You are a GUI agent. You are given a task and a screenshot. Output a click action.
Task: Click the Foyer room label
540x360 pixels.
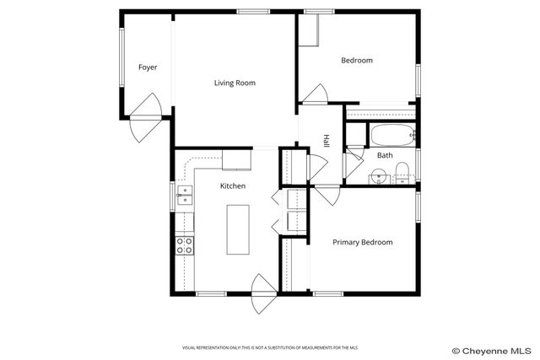pos(148,67)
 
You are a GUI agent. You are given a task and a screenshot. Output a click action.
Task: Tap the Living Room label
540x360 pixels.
pos(234,83)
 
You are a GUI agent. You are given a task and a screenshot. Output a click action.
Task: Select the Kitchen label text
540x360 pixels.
pos(233,185)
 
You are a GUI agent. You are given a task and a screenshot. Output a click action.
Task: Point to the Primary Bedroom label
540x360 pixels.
pos(362,242)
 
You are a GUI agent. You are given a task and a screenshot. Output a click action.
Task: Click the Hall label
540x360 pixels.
pos(325,140)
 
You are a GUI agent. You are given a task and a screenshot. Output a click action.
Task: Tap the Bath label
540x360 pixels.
pos(384,155)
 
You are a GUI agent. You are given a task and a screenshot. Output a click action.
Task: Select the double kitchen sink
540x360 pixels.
pos(184,196)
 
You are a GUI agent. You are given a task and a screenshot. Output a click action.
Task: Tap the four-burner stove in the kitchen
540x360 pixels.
pos(184,245)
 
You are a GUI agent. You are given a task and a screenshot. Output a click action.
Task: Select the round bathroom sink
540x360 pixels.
pos(380,176)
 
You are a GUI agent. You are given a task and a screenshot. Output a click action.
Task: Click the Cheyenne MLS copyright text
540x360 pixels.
pos(493,349)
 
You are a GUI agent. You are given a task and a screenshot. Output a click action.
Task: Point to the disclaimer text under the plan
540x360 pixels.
pos(269,347)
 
